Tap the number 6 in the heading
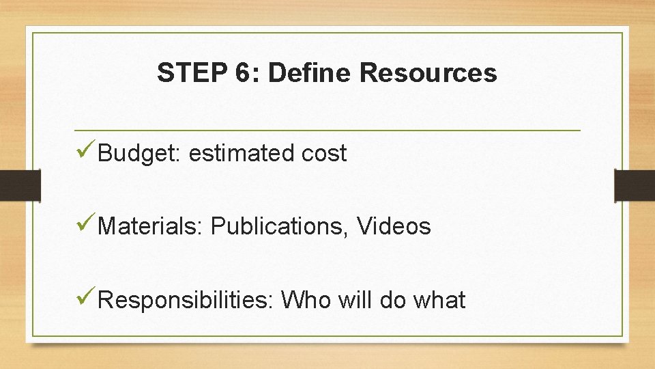[244, 72]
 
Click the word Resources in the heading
[428, 72]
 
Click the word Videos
[394, 226]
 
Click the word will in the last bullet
[355, 299]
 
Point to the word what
[439, 299]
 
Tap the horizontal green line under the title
[327, 130]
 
